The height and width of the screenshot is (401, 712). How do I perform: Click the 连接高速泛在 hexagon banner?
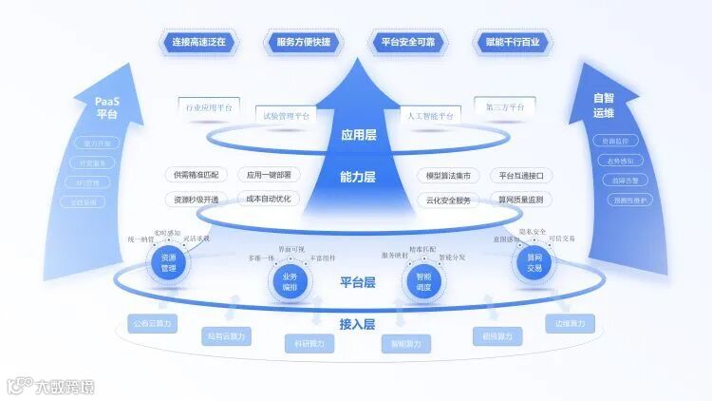pyautogui.click(x=202, y=43)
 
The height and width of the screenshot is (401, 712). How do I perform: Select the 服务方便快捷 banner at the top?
pyautogui.click(x=304, y=43)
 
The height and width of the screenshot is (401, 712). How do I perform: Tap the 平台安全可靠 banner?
pyautogui.click(x=408, y=43)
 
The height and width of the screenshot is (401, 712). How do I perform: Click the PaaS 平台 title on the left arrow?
pyautogui.click(x=106, y=106)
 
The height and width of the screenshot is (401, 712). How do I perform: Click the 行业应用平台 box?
pyautogui.click(x=209, y=107)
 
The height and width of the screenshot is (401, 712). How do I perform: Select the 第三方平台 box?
pyautogui.click(x=505, y=107)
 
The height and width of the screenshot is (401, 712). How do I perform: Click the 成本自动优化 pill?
pyautogui.click(x=268, y=199)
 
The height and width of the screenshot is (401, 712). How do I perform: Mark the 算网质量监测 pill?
pyautogui.click(x=520, y=200)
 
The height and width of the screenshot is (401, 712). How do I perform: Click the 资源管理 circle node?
pyautogui.click(x=169, y=262)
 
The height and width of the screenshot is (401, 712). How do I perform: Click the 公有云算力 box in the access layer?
pyautogui.click(x=152, y=324)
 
